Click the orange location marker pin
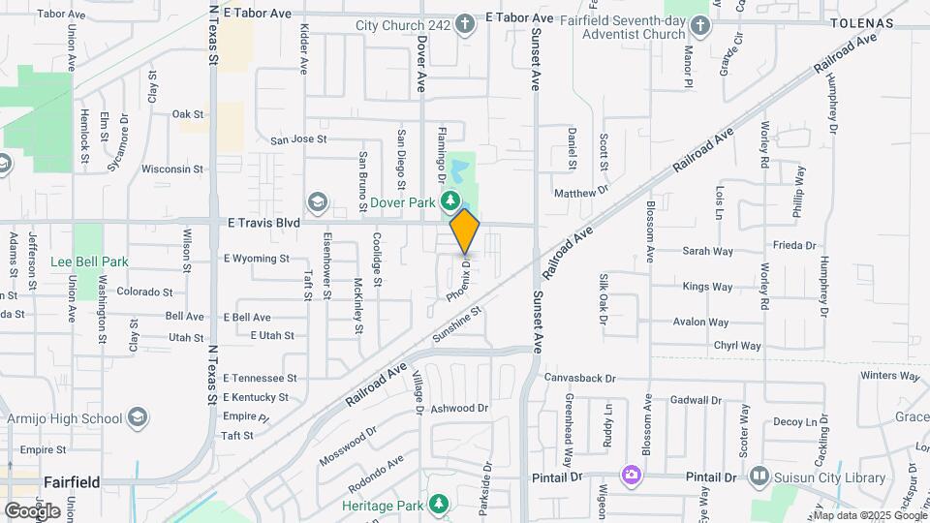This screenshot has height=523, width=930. [465, 231]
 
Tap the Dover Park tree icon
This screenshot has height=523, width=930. [450, 201]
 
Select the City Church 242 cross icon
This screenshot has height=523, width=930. [465, 23]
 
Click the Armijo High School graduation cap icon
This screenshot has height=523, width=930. [138, 417]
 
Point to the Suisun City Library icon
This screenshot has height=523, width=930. [759, 477]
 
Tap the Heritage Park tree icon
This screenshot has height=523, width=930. [439, 505]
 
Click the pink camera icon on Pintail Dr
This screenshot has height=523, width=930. [632, 475]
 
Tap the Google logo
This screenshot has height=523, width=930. [32, 509]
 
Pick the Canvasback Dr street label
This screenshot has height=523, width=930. [580, 377]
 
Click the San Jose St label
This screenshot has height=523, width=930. [298, 139]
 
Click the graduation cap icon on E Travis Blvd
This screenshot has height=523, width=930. [317, 202]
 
